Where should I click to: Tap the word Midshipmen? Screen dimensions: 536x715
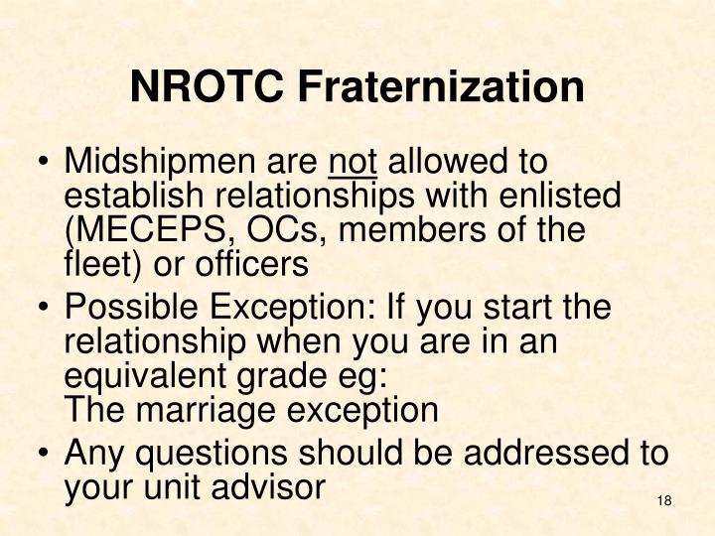tap(160, 161)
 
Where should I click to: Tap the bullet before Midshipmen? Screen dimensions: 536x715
tap(44, 162)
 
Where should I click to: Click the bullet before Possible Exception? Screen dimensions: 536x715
tap(44, 309)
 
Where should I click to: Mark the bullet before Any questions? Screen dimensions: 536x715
tap(44, 455)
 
